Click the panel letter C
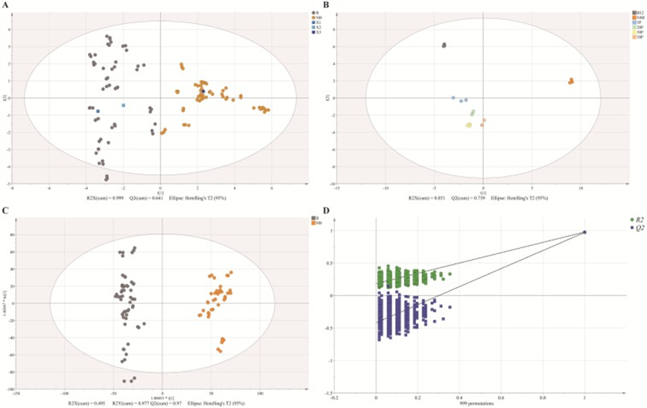coord(7,208)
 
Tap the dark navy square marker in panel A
coord(203,92)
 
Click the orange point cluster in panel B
coord(570,81)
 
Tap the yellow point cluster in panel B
coord(469,125)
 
